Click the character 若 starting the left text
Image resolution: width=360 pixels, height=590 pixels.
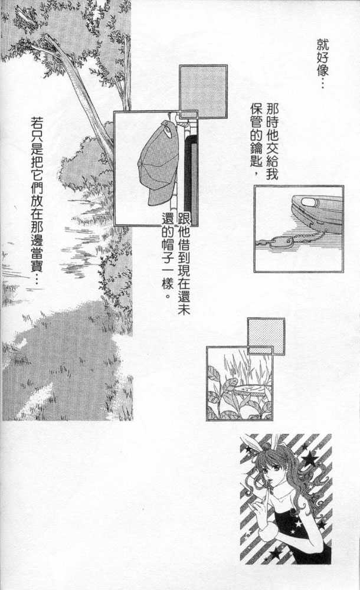(37, 123)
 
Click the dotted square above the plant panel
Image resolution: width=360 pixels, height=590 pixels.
(266, 336)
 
